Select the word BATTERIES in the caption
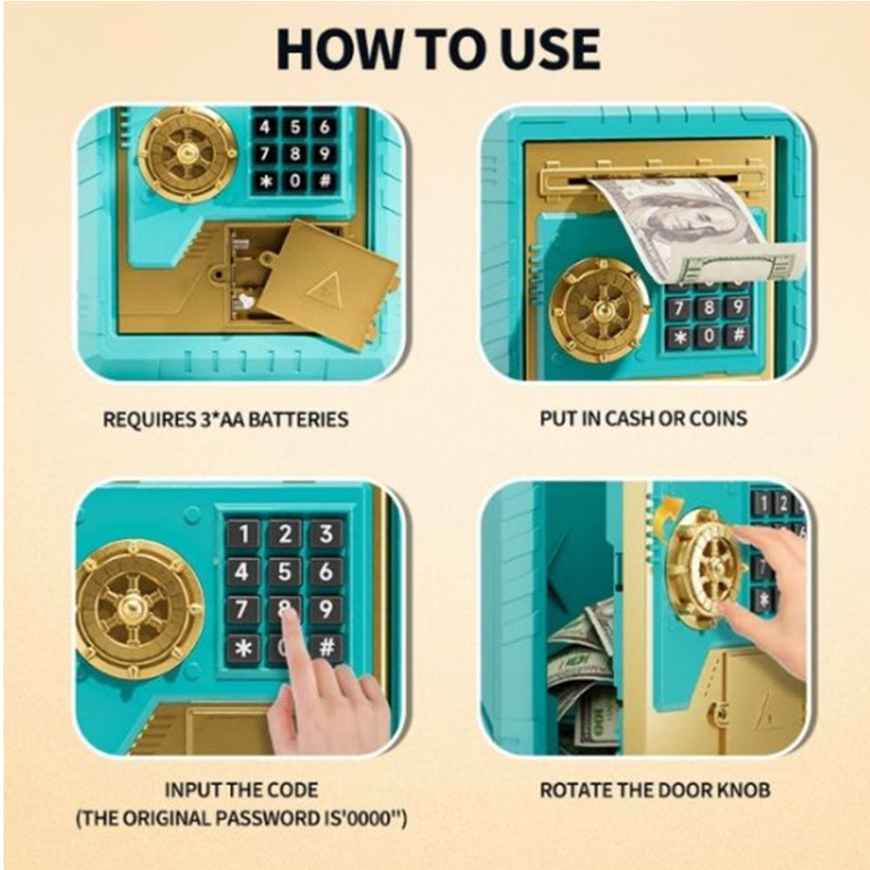click(298, 419)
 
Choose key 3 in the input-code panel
click(325, 534)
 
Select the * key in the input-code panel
click(243, 647)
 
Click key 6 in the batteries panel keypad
click(324, 127)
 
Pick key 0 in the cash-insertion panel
click(708, 336)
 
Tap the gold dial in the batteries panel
click(188, 154)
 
